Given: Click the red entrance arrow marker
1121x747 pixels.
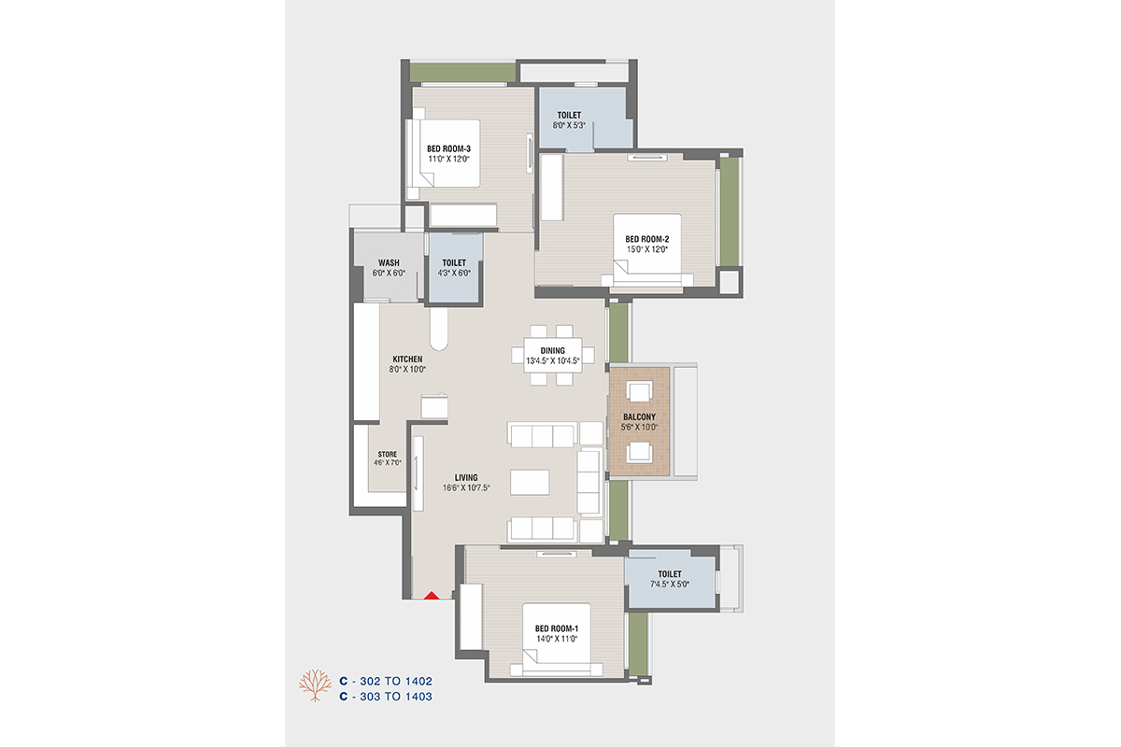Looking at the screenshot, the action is [432, 596].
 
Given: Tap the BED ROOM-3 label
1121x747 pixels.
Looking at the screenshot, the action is [448, 148].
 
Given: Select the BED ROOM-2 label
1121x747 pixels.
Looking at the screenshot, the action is [646, 239].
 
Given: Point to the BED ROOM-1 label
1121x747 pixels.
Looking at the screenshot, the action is [557, 628].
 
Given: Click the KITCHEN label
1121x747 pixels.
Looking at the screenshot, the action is [407, 359].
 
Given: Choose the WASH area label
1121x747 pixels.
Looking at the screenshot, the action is [389, 262].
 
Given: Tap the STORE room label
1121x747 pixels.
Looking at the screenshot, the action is [388, 455].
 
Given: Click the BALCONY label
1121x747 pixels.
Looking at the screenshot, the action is [639, 416].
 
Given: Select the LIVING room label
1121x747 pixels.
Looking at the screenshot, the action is [466, 478].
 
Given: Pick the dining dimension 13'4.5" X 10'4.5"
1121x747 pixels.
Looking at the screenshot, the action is [552, 360].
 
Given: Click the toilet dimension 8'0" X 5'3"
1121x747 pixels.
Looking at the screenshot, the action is [569, 125].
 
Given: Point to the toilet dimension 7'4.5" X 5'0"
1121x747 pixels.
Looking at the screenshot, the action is [670, 584].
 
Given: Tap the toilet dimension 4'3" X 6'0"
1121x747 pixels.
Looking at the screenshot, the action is [454, 274].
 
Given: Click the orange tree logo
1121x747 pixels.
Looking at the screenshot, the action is [315, 685].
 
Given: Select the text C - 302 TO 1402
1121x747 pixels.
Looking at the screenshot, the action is [386, 681].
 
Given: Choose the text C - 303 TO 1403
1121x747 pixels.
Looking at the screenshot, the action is [386, 697].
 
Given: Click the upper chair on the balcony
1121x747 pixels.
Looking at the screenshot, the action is [639, 391].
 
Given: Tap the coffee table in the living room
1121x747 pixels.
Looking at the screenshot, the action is [530, 482].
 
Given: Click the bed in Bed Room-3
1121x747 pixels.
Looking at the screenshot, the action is [446, 153].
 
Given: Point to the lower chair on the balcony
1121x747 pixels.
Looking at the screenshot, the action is [639, 452].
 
